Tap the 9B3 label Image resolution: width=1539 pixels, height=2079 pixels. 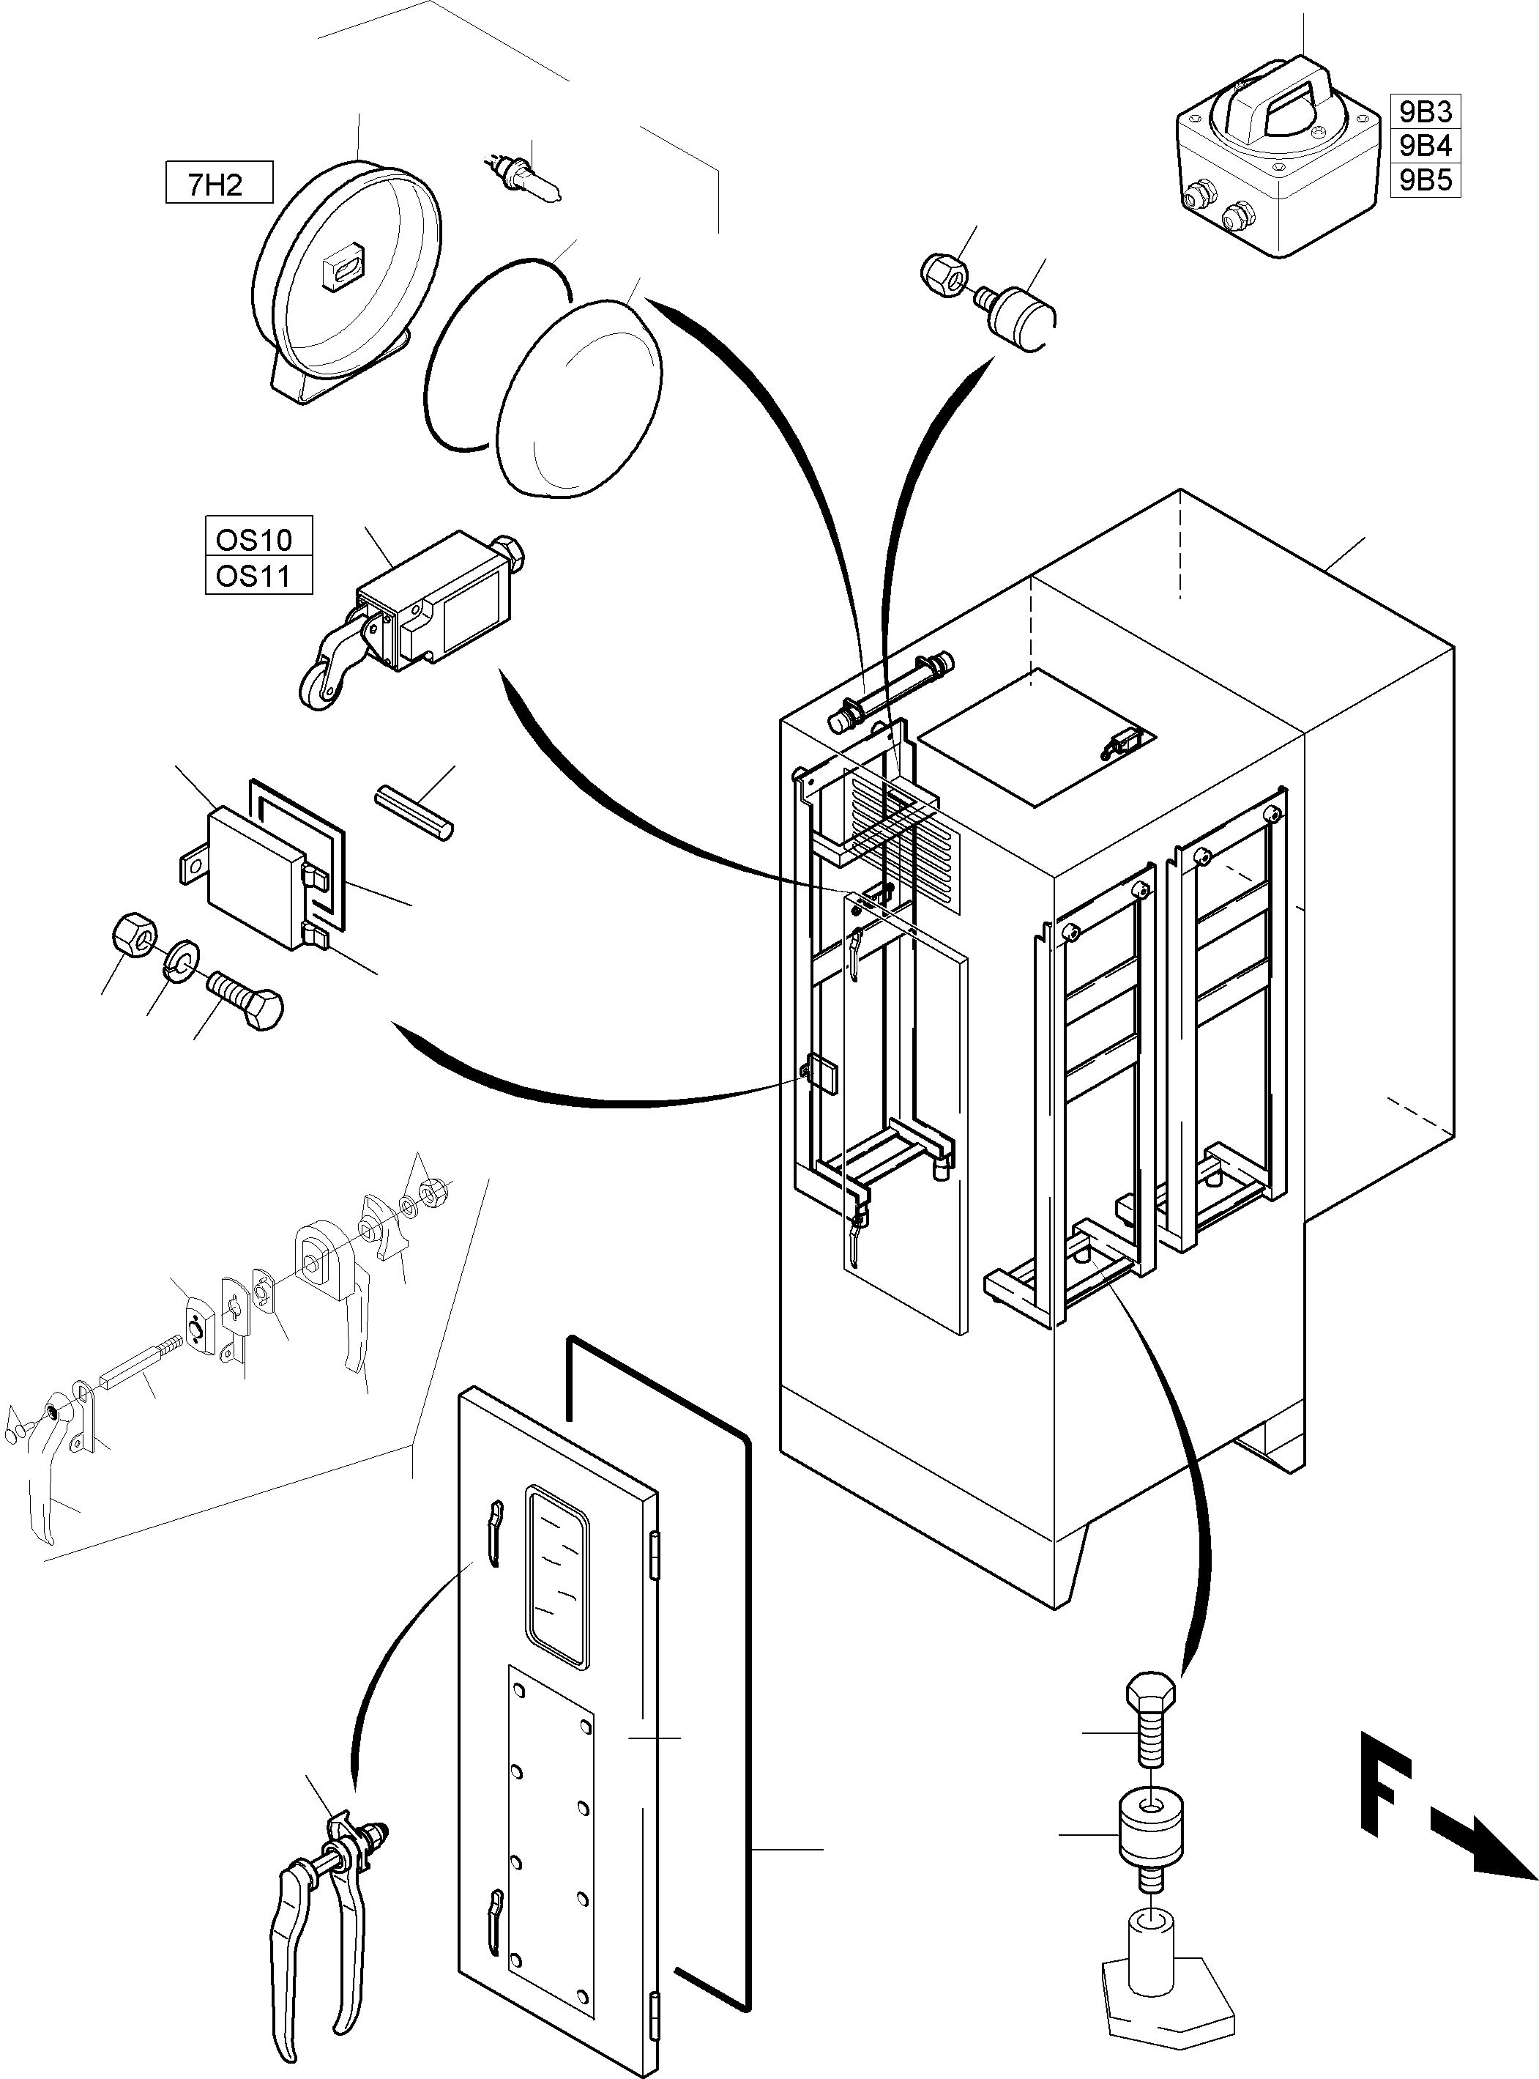1424,111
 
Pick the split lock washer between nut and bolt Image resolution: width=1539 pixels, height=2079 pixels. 180,959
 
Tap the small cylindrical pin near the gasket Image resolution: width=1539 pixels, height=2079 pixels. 414,814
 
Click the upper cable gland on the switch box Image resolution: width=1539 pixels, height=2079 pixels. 1196,195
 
